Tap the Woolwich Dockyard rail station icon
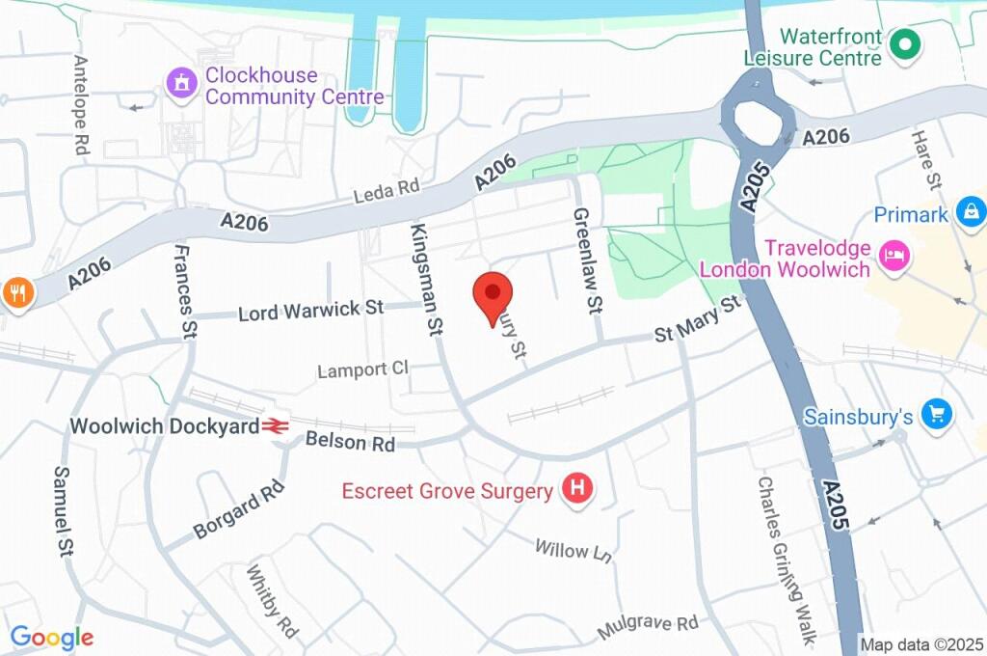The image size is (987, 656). [x=276, y=425]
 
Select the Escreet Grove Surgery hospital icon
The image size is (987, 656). [x=578, y=490]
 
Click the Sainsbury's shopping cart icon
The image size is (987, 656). [x=935, y=416]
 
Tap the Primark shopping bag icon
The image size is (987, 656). [x=971, y=212]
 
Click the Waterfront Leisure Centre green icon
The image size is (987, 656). [x=904, y=44]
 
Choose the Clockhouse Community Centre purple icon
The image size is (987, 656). [x=179, y=84]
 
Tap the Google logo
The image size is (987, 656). [x=52, y=637]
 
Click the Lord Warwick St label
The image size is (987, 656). [x=310, y=311]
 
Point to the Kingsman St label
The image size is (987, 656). [x=426, y=280]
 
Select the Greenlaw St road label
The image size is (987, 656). [x=586, y=260]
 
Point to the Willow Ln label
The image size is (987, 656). [x=574, y=551]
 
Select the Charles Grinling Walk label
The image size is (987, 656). [x=787, y=560]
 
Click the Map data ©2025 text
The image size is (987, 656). [x=921, y=644]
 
